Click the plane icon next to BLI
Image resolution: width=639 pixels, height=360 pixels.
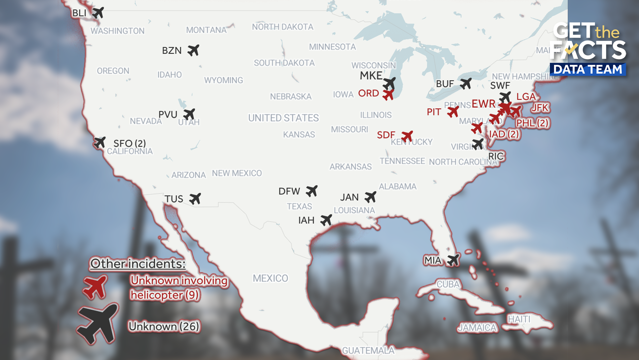98,13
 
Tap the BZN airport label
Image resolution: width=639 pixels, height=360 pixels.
172,51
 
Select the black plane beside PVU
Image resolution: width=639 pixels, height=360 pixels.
189,114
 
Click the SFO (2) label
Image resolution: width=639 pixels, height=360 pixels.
129,143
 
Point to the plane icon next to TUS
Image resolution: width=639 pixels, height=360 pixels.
195,198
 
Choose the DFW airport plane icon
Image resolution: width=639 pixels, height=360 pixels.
312,191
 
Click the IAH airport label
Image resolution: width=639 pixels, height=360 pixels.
306,220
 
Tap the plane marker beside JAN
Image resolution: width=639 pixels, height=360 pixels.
370,197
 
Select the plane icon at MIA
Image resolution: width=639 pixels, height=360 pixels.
453,260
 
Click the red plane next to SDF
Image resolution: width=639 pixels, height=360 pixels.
407,136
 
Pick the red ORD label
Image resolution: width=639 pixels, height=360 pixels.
368,93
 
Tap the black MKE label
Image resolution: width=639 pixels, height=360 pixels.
371,76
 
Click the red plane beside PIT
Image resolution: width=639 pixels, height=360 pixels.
453,112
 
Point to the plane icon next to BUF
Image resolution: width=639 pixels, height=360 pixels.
466,83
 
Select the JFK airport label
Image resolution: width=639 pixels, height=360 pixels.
539,108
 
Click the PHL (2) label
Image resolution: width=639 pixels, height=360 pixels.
532,123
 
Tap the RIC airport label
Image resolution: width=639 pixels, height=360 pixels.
496,156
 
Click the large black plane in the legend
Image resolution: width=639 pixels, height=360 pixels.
98,323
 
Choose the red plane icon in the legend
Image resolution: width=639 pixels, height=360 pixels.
95,286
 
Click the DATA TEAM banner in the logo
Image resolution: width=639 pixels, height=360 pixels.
588,69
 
